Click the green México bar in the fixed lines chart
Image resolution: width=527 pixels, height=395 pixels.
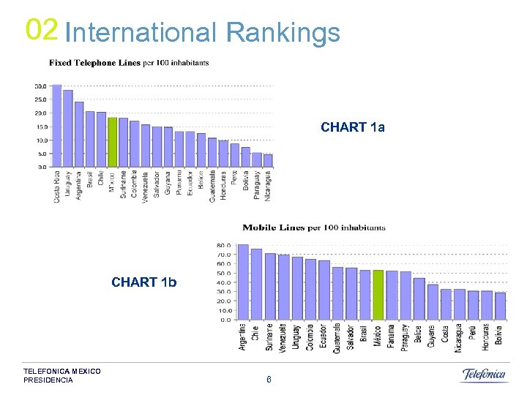112,143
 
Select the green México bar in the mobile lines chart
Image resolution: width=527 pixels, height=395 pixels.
378,295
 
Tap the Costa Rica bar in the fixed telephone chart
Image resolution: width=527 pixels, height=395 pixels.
56,126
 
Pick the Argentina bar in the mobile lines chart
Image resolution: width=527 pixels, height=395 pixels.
243,282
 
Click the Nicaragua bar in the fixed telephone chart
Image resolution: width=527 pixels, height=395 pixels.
268,161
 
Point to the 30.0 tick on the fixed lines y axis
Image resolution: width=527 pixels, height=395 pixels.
40,86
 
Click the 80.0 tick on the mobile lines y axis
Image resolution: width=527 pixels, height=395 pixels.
224,245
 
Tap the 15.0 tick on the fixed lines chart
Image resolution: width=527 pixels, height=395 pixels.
40,127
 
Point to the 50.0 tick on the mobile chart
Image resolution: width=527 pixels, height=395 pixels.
224,273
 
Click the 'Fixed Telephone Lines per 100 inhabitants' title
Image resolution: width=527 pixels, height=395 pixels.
129,63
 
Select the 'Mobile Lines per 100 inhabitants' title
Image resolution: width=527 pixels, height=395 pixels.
314,227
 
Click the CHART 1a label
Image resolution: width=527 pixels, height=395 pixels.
353,127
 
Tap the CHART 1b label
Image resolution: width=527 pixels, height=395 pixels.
144,282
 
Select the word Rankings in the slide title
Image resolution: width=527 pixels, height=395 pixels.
283,33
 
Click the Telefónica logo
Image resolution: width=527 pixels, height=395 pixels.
484,375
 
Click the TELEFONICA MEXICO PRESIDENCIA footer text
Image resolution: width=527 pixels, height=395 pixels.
61,376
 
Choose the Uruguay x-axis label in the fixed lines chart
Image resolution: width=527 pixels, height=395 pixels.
68,187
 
